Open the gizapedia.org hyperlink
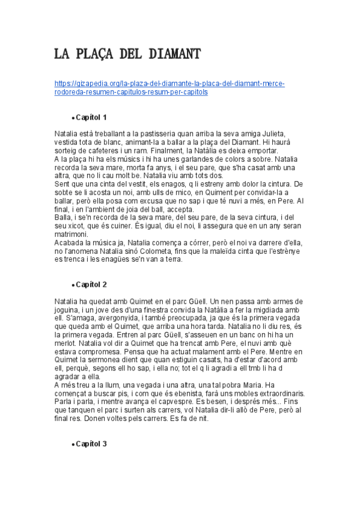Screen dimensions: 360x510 point(169,84)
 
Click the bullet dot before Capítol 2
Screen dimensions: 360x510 point(72,285)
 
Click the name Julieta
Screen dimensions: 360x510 point(272,134)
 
